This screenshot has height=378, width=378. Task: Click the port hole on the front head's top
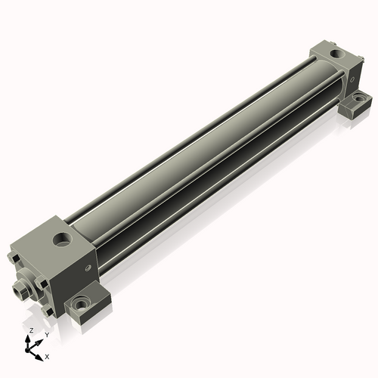click(x=62, y=239)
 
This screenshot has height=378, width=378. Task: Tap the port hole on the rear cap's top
click(x=336, y=54)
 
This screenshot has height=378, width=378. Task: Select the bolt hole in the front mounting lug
click(x=80, y=304)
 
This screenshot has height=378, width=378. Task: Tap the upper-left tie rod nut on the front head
click(x=14, y=258)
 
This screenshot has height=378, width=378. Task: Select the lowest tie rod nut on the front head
click(x=47, y=312)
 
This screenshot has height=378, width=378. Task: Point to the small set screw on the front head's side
click(x=88, y=268)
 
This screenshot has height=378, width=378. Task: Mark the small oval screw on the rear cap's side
click(x=352, y=79)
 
